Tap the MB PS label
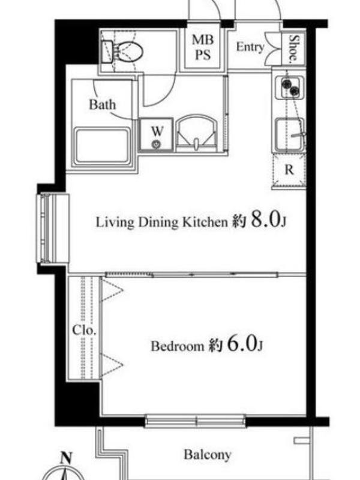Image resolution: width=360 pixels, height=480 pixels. pyautogui.click(x=203, y=47)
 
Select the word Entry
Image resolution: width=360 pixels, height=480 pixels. pyautogui.click(x=250, y=47)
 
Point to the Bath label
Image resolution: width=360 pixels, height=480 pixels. pyautogui.click(x=103, y=104)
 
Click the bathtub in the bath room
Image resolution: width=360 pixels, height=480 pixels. pyautogui.click(x=103, y=146)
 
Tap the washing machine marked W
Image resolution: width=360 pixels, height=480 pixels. pyautogui.click(x=157, y=134)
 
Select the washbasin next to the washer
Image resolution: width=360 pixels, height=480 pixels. pyautogui.click(x=196, y=134)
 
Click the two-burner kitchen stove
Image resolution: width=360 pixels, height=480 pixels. pyautogui.click(x=290, y=87)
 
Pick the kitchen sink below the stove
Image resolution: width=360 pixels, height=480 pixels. pyautogui.click(x=290, y=134)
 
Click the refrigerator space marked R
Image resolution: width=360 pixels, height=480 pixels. pyautogui.click(x=289, y=169)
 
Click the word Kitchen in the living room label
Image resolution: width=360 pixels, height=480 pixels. pyautogui.click(x=205, y=222)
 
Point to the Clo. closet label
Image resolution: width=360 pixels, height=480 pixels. pyautogui.click(x=85, y=331)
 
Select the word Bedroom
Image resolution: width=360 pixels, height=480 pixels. pyautogui.click(x=177, y=346)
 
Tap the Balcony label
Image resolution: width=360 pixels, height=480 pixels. pyautogui.click(x=207, y=455)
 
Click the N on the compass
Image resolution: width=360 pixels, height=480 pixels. pyautogui.click(x=65, y=458)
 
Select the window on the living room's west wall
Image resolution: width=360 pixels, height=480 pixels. pyautogui.click(x=53, y=228)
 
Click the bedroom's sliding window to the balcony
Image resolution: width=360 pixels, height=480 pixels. pyautogui.click(x=195, y=421)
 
